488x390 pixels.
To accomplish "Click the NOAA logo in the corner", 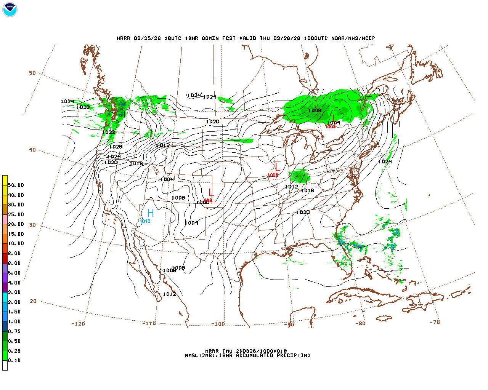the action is point(10,10).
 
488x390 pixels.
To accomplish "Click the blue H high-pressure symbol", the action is point(151,213).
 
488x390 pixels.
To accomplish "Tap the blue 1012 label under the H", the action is point(145,221).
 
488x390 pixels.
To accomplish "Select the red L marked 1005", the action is point(277,167).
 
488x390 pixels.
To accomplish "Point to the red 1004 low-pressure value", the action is point(330,127).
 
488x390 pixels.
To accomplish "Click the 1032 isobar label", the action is point(109,133).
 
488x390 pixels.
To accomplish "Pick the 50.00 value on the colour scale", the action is point(16,185).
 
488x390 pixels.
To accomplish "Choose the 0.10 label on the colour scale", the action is point(14,360).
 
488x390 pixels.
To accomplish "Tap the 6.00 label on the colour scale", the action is point(14,263).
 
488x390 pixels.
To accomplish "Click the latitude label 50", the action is point(32,73).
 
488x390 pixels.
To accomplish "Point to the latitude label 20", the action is point(33,301).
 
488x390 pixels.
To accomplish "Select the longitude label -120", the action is point(78,324).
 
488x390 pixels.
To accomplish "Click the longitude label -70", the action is point(434,322).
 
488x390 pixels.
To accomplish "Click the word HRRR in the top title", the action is point(124,38).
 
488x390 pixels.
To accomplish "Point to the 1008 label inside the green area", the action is point(315,110).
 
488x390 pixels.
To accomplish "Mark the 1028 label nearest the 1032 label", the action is point(116,147).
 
